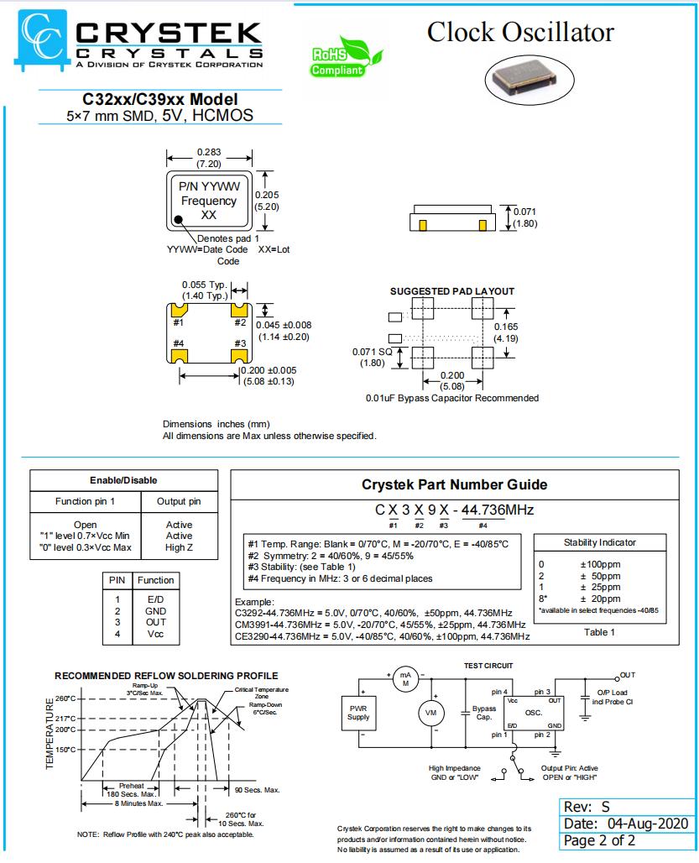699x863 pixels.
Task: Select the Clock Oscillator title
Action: (x=520, y=32)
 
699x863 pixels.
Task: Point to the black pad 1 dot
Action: (x=179, y=222)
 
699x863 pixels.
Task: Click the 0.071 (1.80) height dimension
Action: (x=524, y=217)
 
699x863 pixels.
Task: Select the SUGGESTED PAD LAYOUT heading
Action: (x=452, y=291)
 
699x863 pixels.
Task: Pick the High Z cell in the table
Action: (x=179, y=547)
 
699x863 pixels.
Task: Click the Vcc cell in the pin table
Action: (x=156, y=634)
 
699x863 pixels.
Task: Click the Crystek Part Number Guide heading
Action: (x=454, y=484)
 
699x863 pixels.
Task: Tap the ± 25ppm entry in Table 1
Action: (x=600, y=587)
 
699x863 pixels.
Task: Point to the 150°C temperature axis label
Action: (x=66, y=750)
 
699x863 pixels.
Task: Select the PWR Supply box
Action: (x=358, y=713)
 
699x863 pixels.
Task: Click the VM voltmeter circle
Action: (x=431, y=713)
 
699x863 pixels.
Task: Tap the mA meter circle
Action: (x=406, y=679)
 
